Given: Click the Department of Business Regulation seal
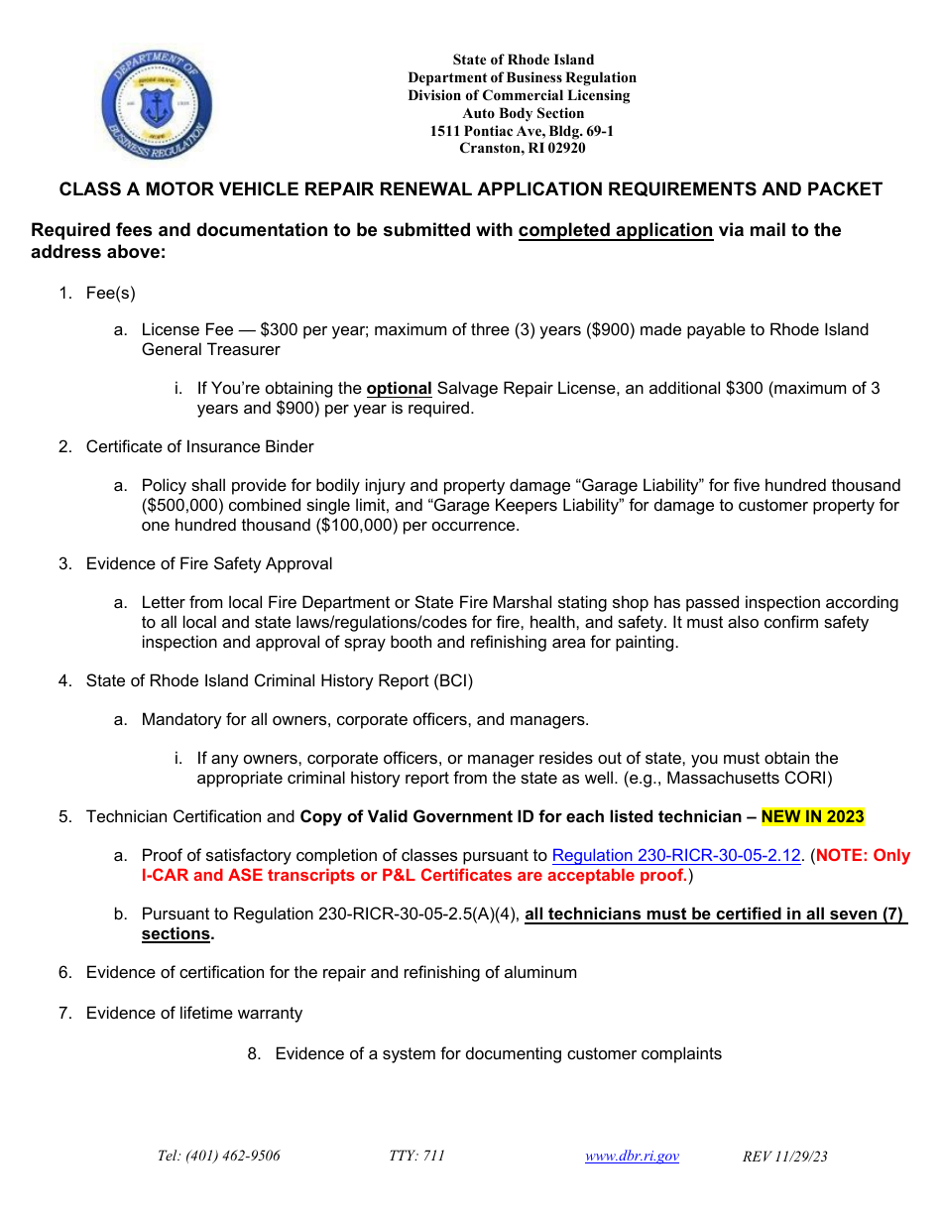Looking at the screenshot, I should click(x=157, y=105).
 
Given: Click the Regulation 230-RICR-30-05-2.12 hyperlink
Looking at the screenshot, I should click(x=675, y=855).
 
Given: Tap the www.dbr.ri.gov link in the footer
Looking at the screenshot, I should click(x=632, y=1156).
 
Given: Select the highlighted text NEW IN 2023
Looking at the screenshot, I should click(x=812, y=817).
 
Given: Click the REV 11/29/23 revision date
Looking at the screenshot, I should click(x=785, y=1157).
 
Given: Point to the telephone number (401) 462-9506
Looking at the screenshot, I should click(x=218, y=1156).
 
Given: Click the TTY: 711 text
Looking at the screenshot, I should click(x=416, y=1156).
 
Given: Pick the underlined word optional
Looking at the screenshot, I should click(x=399, y=389).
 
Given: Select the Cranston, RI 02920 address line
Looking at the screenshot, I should click(x=522, y=149).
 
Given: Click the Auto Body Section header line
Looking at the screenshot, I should click(x=522, y=113).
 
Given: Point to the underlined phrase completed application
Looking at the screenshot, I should click(x=615, y=230).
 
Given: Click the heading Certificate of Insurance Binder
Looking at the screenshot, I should click(x=199, y=446).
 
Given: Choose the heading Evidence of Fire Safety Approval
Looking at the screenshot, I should click(x=209, y=563).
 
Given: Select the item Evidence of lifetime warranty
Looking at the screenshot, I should click(x=193, y=1013).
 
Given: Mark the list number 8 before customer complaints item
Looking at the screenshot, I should click(x=254, y=1053).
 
